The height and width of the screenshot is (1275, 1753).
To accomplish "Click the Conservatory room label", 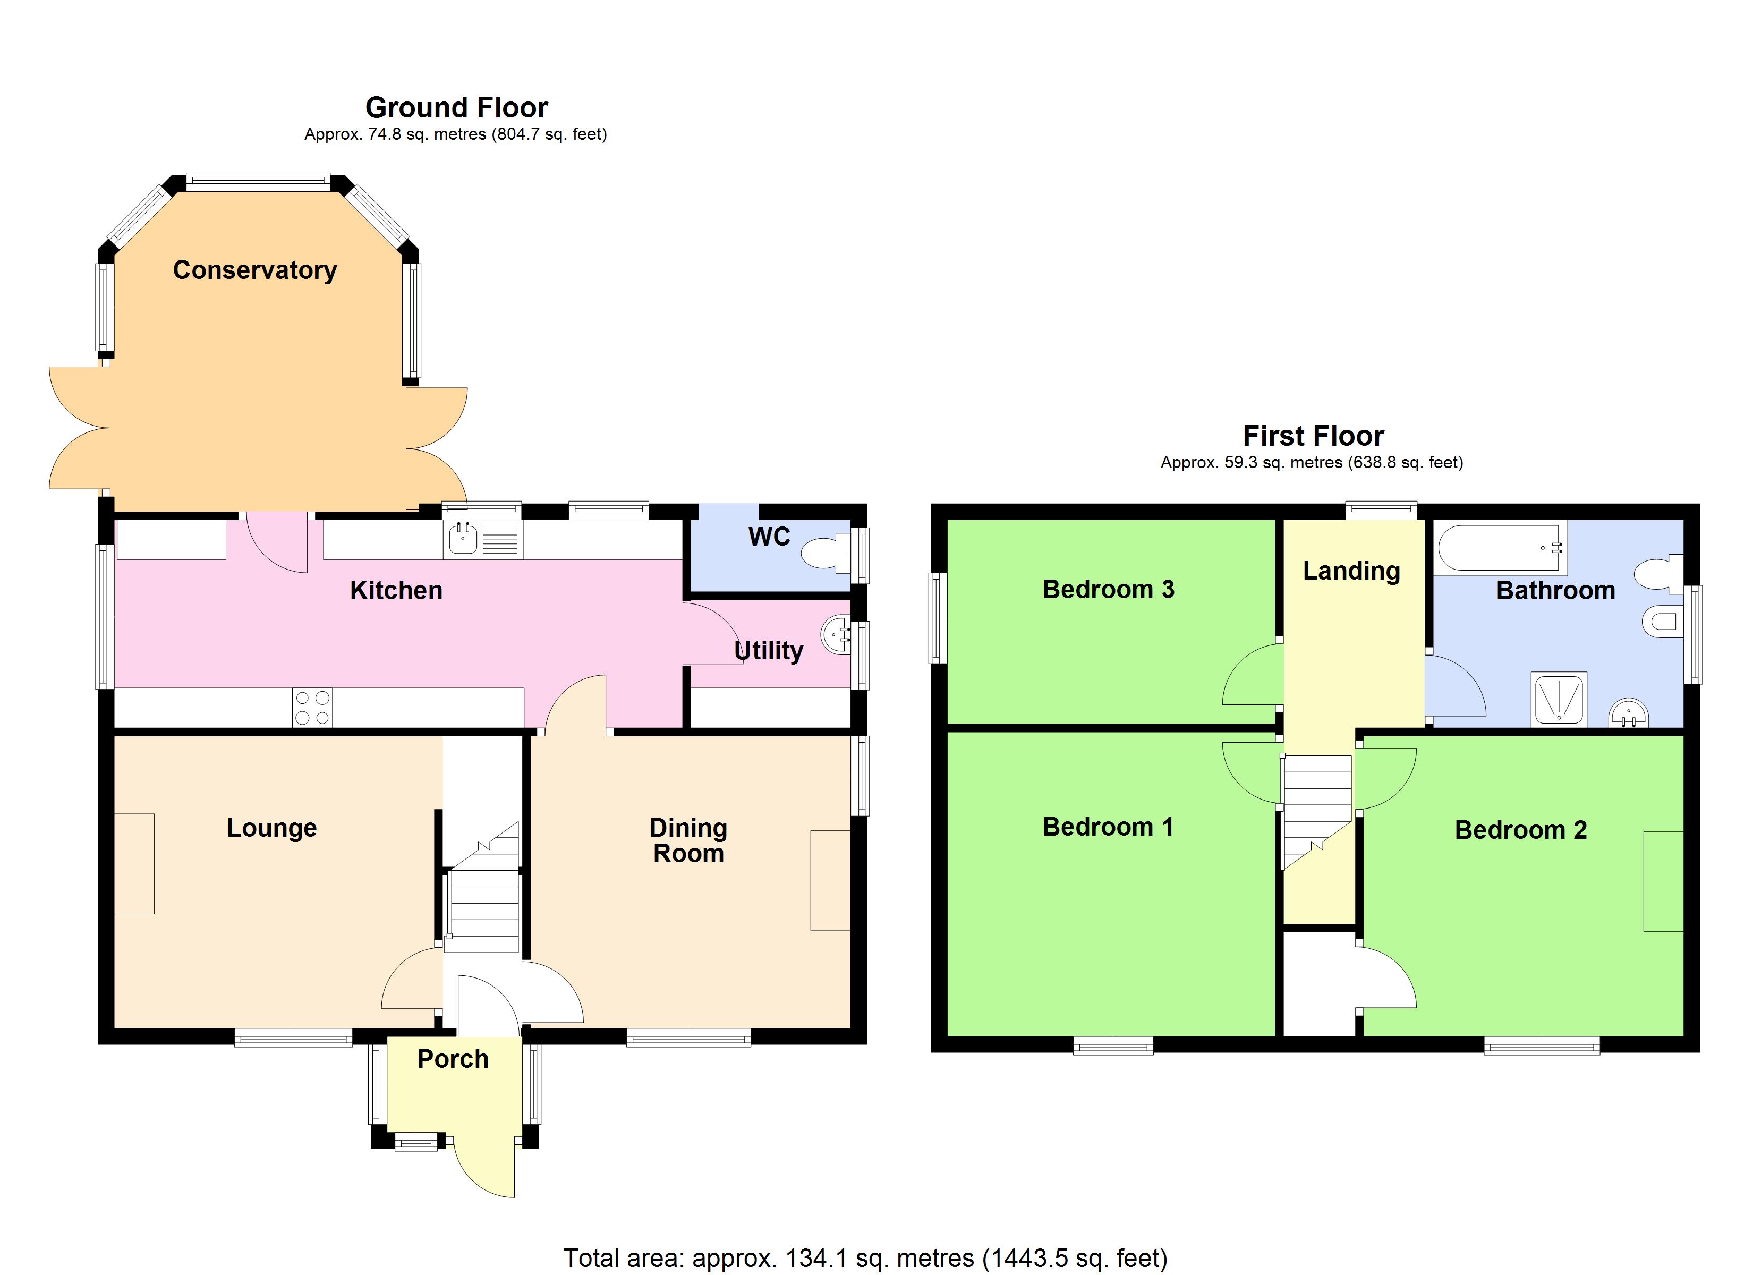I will pyautogui.click(x=254, y=270).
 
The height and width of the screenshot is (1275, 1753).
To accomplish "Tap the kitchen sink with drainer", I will pyautogui.click(x=482, y=539).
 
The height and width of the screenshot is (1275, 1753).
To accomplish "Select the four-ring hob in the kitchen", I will pyautogui.click(x=312, y=708).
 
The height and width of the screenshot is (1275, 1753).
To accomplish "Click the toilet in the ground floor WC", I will pyautogui.click(x=824, y=554).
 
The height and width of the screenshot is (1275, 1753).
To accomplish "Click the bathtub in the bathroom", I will pyautogui.click(x=1500, y=548).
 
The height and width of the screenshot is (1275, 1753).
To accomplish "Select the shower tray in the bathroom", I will pyautogui.click(x=1559, y=698).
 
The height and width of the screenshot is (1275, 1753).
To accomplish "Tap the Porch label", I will pyautogui.click(x=453, y=1058).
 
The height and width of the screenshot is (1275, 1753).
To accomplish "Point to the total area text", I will pyautogui.click(x=865, y=1257).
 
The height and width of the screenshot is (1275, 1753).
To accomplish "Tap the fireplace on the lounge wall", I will pyautogui.click(x=134, y=864).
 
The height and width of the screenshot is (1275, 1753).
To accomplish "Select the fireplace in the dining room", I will pyautogui.click(x=830, y=880).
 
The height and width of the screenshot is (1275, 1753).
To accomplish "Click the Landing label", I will pyautogui.click(x=1351, y=571).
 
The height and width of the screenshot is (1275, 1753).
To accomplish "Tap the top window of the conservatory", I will pyautogui.click(x=258, y=182).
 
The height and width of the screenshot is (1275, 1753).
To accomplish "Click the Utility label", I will pyautogui.click(x=768, y=650).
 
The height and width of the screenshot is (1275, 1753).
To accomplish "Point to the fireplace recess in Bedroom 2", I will pyautogui.click(x=1663, y=881).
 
